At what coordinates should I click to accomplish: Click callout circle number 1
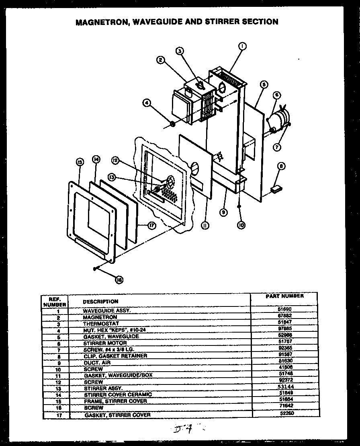(242, 47)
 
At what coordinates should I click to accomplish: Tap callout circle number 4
(148, 103)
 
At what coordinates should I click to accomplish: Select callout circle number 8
(281, 165)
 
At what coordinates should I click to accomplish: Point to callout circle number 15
(79, 162)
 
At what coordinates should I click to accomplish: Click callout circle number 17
(151, 226)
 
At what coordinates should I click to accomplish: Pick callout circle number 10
(240, 226)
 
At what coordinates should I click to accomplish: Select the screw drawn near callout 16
(95, 269)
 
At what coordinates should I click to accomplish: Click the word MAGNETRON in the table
(100, 317)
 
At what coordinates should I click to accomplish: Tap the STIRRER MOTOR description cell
(105, 343)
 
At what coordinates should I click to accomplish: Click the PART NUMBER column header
(284, 296)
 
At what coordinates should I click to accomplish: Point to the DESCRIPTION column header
(100, 301)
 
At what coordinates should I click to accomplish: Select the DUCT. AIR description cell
(97, 362)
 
